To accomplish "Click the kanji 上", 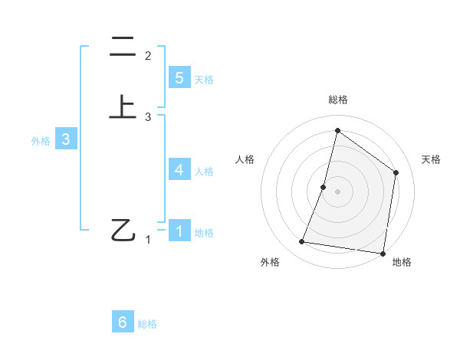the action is [x=123, y=107].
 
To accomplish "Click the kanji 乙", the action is [x=123, y=230].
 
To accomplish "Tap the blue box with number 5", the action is [x=179, y=78].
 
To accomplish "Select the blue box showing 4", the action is [x=179, y=169].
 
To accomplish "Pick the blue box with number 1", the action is [x=179, y=231].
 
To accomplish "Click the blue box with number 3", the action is [x=66, y=139].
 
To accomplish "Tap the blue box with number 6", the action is [x=123, y=322].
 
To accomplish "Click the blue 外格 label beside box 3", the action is [x=41, y=141].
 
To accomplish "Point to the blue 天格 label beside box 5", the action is [x=204, y=80].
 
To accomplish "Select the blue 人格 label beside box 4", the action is [x=204, y=172].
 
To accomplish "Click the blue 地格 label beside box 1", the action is [x=204, y=233].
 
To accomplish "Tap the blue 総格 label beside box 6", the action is [x=147, y=325].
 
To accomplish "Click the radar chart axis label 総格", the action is [x=337, y=100].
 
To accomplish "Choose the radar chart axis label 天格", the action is [x=431, y=159].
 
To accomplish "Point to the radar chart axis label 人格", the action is [x=245, y=159].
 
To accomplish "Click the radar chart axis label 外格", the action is [x=270, y=262].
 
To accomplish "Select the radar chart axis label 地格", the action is [x=402, y=262].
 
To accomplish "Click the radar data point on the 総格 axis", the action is [x=337, y=130].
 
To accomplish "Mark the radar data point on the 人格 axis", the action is [x=324, y=187].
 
